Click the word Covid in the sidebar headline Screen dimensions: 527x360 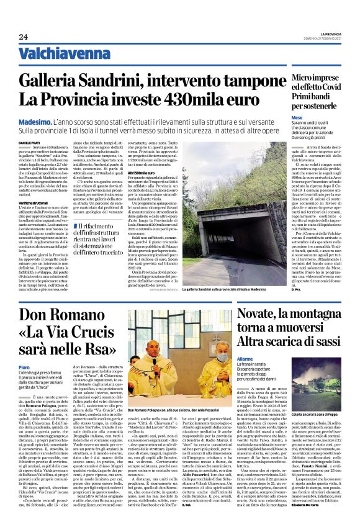tap(338, 88)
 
